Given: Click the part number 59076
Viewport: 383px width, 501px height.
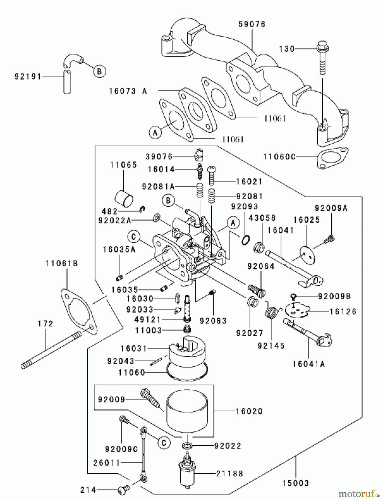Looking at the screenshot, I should tap(252, 24).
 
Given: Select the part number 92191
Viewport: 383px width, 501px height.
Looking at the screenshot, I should tap(28, 76).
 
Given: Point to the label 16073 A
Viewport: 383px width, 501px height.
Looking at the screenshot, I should tap(128, 91).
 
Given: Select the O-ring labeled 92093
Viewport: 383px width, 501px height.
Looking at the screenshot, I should tap(245, 240).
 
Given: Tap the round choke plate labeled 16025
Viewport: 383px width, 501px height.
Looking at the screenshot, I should tap(306, 253).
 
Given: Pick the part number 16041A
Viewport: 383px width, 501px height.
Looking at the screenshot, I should tap(309, 364).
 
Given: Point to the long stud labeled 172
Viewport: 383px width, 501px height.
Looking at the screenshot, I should tap(50, 349).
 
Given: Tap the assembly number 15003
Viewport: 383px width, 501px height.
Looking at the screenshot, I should tap(296, 483).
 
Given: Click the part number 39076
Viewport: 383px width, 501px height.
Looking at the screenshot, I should tap(159, 157).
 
